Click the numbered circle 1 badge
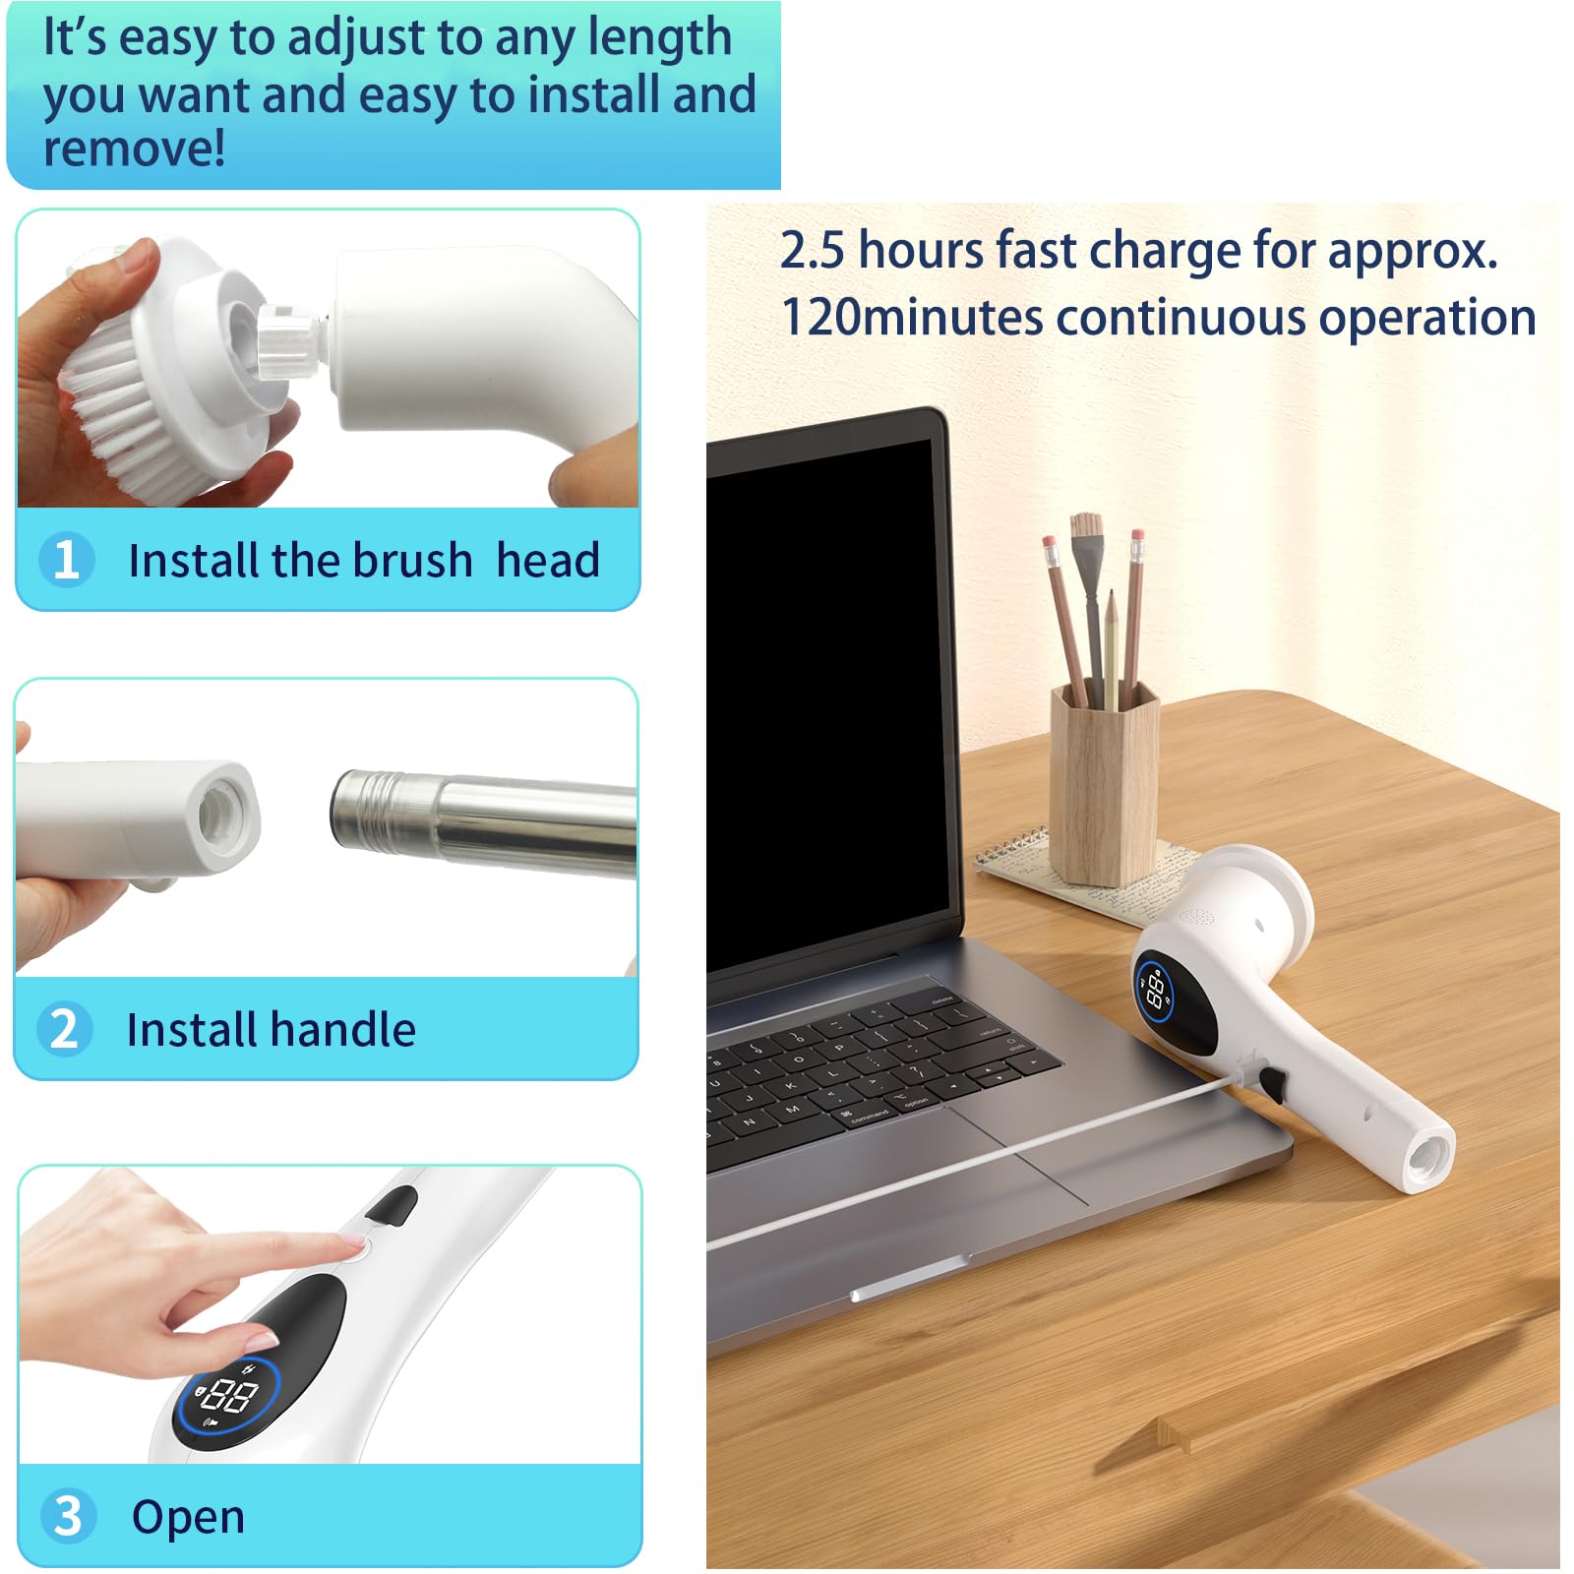(x=67, y=559)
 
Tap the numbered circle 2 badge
(x=65, y=1028)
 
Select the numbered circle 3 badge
(x=69, y=1516)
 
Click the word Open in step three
(x=188, y=1518)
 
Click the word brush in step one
(x=413, y=560)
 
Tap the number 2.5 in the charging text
(x=812, y=250)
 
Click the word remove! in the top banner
(x=135, y=149)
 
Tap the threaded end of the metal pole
(x=370, y=810)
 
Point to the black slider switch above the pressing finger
(x=393, y=1206)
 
